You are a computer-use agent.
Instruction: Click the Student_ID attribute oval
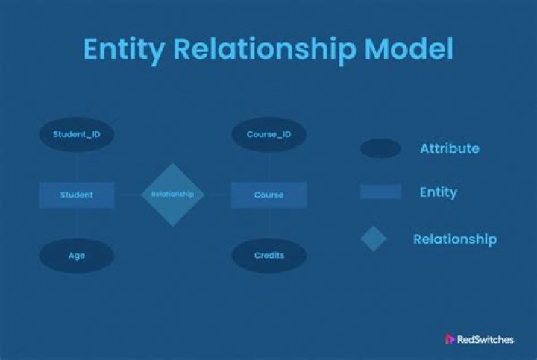[77, 134]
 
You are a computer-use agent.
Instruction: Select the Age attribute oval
[77, 256]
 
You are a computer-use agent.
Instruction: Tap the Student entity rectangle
[77, 195]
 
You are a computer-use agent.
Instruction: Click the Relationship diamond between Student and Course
[172, 195]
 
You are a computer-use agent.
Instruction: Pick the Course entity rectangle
[268, 195]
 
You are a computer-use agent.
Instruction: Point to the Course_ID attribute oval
[268, 134]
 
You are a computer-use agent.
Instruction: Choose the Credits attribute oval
[268, 256]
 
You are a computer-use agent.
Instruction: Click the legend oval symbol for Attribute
[380, 148]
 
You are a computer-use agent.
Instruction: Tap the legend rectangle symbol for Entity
[381, 192]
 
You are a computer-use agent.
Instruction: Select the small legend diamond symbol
[374, 239]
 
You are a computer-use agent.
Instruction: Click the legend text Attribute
[450, 148]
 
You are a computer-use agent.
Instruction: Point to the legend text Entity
[439, 192]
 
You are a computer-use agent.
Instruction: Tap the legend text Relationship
[455, 239]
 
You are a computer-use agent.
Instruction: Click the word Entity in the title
[124, 50]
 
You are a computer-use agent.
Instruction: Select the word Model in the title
[409, 48]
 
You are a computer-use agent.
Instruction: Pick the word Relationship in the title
[265, 50]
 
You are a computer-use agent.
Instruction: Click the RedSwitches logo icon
[449, 339]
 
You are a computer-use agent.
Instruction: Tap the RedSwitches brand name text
[486, 339]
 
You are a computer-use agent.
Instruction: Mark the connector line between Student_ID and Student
[78, 167]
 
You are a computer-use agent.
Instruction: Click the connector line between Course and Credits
[269, 223]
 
